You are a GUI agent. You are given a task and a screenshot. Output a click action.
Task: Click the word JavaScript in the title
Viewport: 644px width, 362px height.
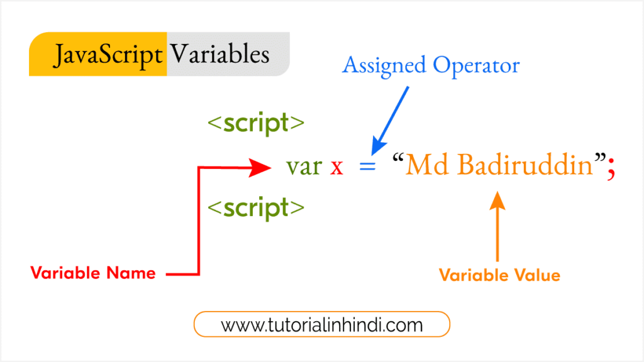(107, 55)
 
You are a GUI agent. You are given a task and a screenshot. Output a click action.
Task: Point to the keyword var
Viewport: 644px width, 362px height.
(304, 167)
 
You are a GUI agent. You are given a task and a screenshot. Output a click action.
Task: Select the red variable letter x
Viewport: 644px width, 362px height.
(336, 167)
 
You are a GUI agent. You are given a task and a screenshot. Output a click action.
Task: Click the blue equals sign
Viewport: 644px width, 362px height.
(368, 167)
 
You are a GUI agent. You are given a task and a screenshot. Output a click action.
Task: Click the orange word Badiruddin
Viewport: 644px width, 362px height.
(525, 165)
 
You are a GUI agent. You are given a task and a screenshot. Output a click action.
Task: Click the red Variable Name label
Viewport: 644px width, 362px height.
(93, 273)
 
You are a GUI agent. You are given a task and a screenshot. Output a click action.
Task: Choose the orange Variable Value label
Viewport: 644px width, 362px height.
(499, 275)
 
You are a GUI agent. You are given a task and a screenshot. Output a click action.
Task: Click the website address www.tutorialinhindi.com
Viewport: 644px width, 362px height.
(321, 324)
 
